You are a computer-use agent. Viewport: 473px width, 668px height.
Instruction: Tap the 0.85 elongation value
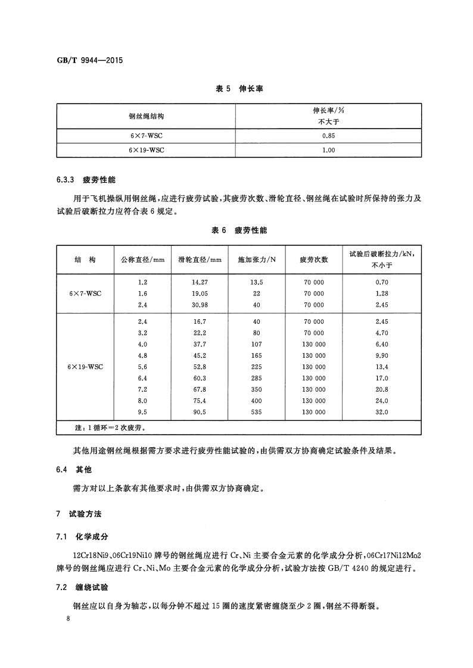tap(328, 136)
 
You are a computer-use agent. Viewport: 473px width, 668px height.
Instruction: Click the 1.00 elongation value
tap(328, 150)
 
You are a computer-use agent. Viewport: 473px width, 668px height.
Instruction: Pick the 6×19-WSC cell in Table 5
tap(147, 150)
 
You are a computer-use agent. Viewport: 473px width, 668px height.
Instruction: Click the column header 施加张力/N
tap(257, 260)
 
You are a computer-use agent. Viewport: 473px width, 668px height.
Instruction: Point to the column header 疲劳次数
tap(314, 260)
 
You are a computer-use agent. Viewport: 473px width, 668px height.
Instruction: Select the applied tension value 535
tap(257, 411)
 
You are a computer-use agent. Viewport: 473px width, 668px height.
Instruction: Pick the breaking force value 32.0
tap(382, 411)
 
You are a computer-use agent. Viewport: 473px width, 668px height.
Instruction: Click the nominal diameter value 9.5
tap(142, 411)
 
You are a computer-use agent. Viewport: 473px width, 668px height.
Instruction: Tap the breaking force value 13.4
tap(382, 366)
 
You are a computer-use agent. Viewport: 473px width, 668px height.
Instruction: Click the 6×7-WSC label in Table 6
tap(85, 294)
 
